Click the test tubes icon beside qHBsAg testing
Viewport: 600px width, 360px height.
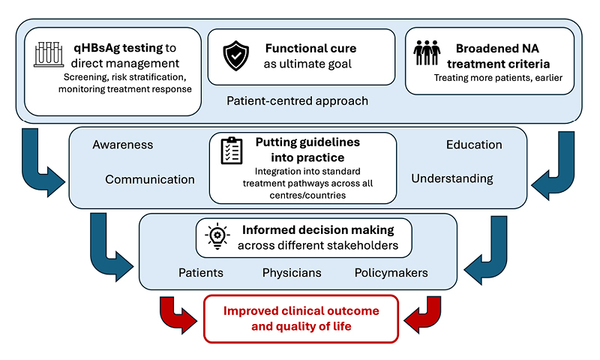click(49, 54)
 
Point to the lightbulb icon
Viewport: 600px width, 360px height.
click(217, 235)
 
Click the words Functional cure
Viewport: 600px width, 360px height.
click(310, 49)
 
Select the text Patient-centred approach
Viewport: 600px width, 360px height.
click(298, 100)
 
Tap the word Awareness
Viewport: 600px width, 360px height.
click(122, 145)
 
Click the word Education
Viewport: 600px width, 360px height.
click(473, 145)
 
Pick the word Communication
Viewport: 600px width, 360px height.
click(150, 179)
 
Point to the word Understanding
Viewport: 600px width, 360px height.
click(451, 178)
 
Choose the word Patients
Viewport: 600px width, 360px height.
click(200, 272)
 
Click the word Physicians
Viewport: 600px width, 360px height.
click(292, 272)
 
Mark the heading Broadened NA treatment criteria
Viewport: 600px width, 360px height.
click(492, 56)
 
